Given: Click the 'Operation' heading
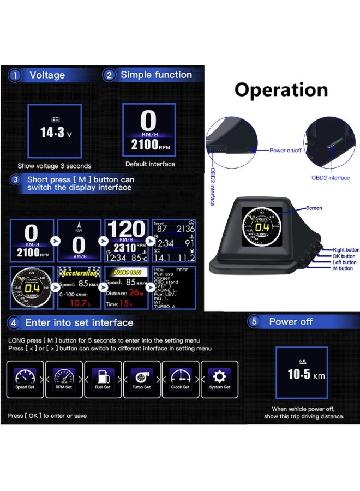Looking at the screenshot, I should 281,90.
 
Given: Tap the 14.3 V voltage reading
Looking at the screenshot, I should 54,131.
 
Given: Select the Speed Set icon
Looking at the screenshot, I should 25,376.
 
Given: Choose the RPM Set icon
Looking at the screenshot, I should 64,376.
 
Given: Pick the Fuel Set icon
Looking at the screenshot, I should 103,376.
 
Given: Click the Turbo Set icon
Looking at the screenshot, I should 142,376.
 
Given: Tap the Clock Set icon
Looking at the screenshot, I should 181,376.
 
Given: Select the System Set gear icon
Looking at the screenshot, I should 220,376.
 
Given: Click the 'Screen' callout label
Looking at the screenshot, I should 314,208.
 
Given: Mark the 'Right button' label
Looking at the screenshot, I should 346,249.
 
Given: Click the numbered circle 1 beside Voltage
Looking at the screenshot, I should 15,76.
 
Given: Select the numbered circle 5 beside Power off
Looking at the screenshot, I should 254,322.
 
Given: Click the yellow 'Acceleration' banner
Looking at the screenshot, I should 80,272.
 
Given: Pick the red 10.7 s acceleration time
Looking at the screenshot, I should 79,303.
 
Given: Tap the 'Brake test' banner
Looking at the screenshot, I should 127,272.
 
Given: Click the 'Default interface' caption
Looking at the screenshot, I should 151,164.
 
